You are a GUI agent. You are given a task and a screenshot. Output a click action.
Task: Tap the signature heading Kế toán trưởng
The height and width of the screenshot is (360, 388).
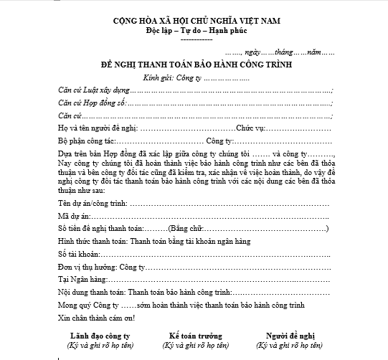point(195,335)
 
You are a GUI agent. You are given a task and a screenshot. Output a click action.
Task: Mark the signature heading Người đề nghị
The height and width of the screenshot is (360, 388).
point(290,335)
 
